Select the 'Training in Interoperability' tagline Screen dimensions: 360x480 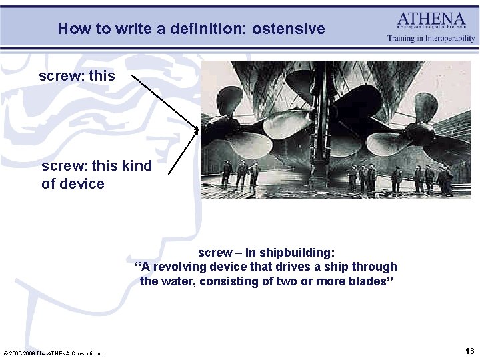[431, 39]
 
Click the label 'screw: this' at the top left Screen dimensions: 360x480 [77, 76]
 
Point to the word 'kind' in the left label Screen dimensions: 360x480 [137, 166]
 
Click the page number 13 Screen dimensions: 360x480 [469, 351]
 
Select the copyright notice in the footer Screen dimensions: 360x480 [53, 353]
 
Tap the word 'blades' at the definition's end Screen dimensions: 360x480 [367, 281]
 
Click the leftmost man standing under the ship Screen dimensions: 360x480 [227, 173]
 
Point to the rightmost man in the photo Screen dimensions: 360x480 [447, 180]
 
